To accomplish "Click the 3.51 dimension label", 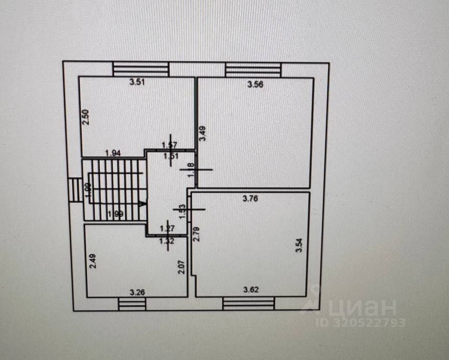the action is tap(138, 81).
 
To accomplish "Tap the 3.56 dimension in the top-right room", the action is tap(256, 85).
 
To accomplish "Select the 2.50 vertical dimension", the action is tap(85, 117).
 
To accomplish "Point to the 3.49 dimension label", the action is tap(203, 133).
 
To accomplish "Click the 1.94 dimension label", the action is tap(112, 153).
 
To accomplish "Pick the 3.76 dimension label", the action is tap(250, 200).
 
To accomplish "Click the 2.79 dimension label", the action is tap(196, 234).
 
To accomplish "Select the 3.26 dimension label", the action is tap(138, 291).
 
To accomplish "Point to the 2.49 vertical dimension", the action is tap(93, 261).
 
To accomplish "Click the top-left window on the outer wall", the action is tap(141, 69).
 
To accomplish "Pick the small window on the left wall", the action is tap(74, 190).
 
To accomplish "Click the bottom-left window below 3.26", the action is tap(132, 303).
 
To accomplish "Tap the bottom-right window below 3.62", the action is tap(249, 303).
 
